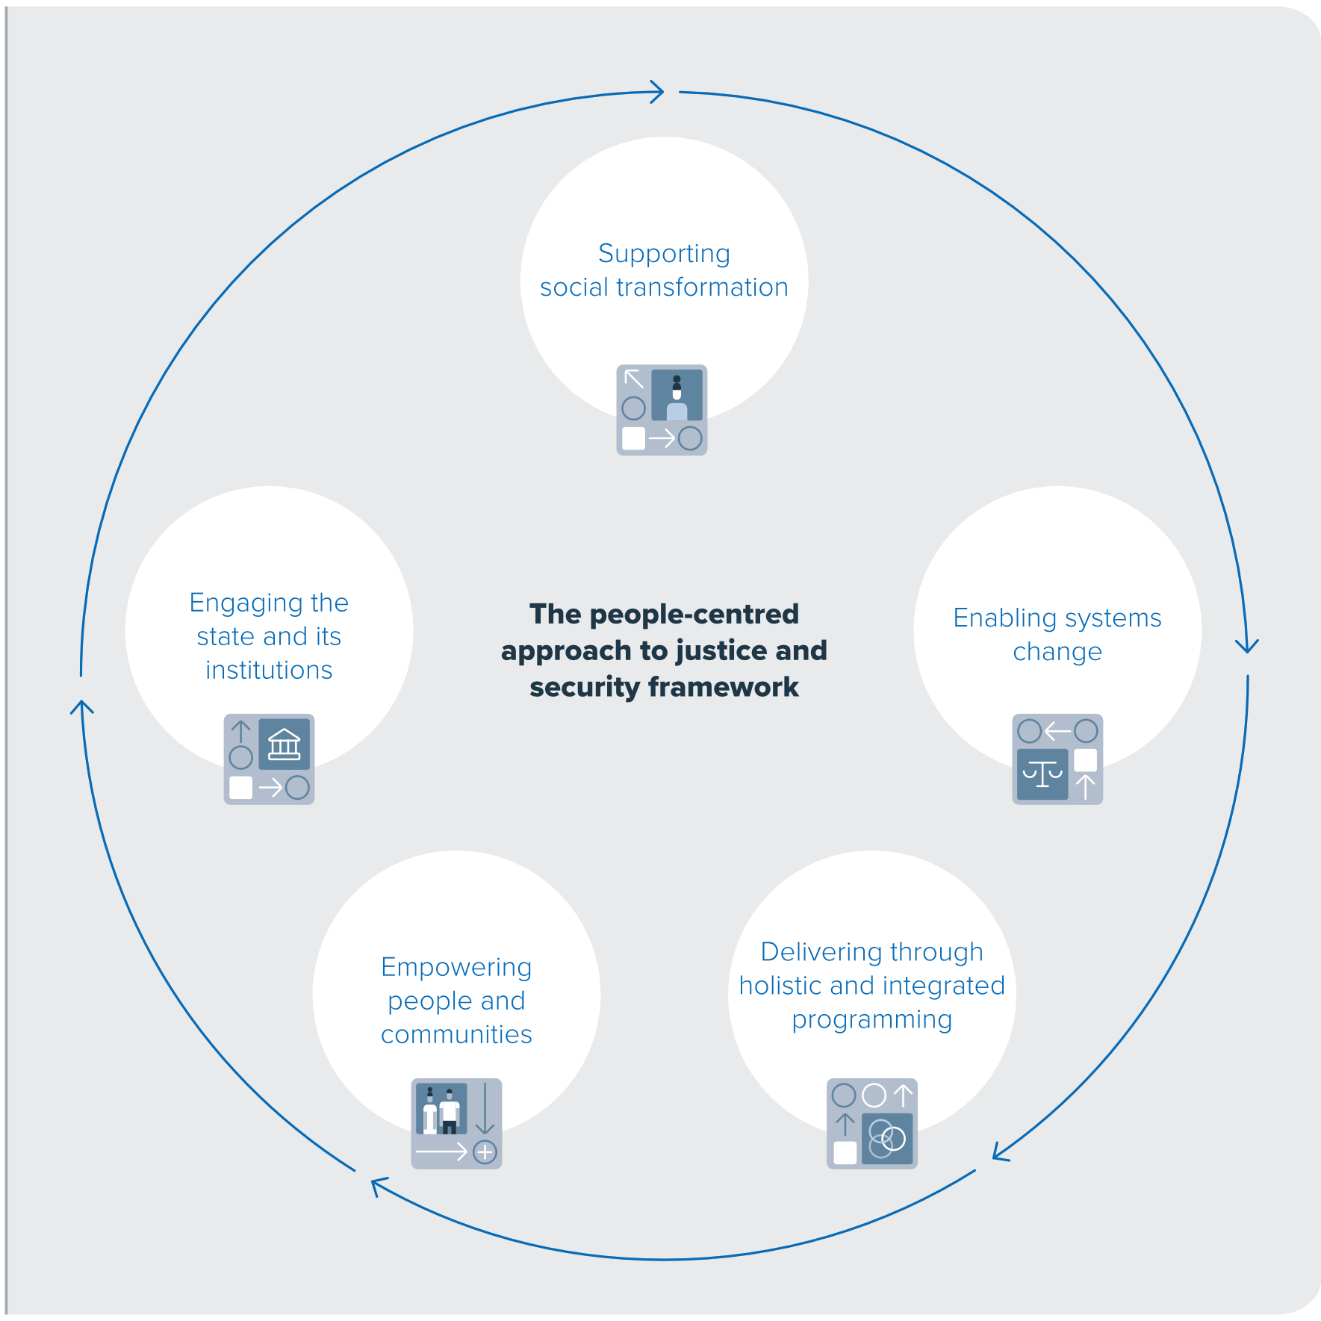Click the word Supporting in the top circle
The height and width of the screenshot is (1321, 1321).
664,254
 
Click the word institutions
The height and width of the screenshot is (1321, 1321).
269,671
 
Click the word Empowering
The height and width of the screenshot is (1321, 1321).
456,968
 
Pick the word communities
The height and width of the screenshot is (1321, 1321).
456,1035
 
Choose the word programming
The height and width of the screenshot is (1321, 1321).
872,1020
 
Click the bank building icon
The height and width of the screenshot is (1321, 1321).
284,745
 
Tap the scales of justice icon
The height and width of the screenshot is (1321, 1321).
1042,774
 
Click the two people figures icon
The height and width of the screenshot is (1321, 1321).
441,1109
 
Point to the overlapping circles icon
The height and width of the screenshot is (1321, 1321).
887,1139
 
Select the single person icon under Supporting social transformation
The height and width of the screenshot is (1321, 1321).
677,395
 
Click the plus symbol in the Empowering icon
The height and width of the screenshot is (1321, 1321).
485,1152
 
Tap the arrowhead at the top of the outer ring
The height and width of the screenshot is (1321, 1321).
657,92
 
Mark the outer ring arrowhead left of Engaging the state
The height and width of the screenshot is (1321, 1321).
82,706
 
